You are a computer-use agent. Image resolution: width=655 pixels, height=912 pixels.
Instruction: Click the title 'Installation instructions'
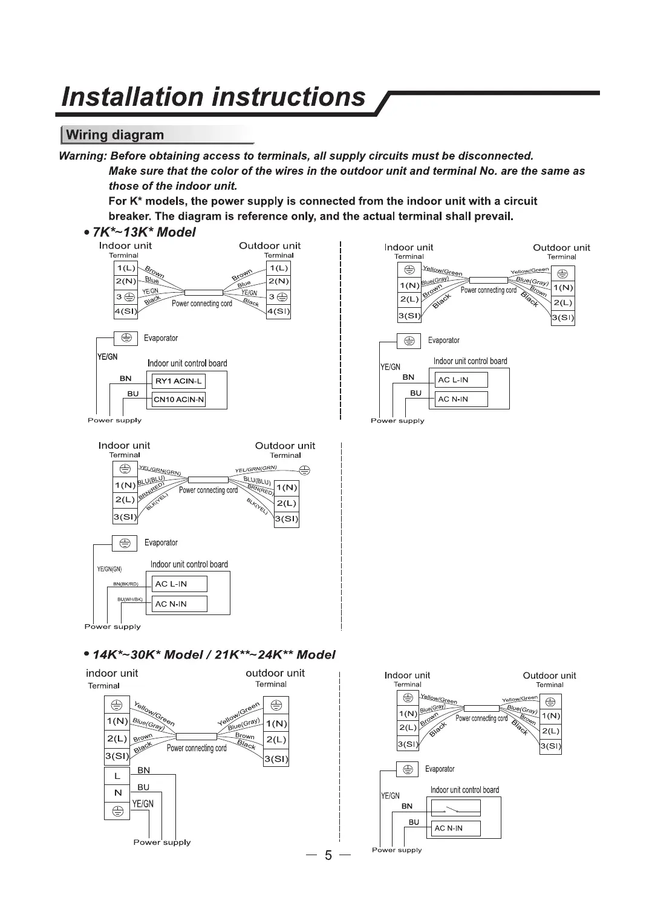pyautogui.click(x=214, y=97)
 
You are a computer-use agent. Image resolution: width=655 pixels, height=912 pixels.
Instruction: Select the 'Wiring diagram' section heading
pyautogui.click(x=115, y=135)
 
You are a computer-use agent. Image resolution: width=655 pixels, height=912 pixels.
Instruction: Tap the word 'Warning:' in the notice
pyautogui.click(x=82, y=156)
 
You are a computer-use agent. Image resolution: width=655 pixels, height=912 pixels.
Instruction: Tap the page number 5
pyautogui.click(x=328, y=855)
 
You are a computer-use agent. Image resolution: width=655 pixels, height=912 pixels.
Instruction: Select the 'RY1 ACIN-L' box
pyautogui.click(x=178, y=381)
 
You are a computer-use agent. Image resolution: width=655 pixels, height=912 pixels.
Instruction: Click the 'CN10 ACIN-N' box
pyautogui.click(x=178, y=399)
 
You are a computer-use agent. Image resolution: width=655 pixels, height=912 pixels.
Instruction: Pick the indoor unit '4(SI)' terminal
pyautogui.click(x=126, y=312)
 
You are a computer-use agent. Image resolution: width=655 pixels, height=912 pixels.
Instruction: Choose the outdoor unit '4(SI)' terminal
pyautogui.click(x=278, y=312)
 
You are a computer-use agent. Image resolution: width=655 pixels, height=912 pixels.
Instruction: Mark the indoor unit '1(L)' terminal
pyautogui.click(x=126, y=268)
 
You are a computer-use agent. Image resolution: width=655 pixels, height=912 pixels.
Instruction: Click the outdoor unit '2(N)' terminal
pyautogui.click(x=278, y=281)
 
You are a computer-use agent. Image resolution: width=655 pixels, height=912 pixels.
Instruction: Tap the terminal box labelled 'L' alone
pyautogui.click(x=117, y=776)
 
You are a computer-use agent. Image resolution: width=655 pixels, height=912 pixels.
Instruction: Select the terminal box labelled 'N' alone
pyautogui.click(x=117, y=793)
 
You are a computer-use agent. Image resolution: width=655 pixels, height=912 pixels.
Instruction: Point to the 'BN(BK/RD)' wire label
pyautogui.click(x=126, y=584)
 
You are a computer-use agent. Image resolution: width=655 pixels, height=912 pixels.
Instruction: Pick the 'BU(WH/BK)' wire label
pyautogui.click(x=129, y=599)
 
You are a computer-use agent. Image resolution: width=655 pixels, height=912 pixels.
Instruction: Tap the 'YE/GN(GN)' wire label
pyautogui.click(x=109, y=569)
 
